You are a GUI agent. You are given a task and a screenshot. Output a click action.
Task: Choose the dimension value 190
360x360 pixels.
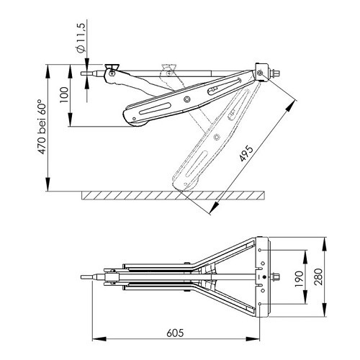click(299, 277)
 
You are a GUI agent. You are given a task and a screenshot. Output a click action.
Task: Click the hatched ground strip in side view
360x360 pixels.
click(173, 194)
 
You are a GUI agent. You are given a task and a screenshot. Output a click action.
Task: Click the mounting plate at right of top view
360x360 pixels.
click(262, 277)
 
